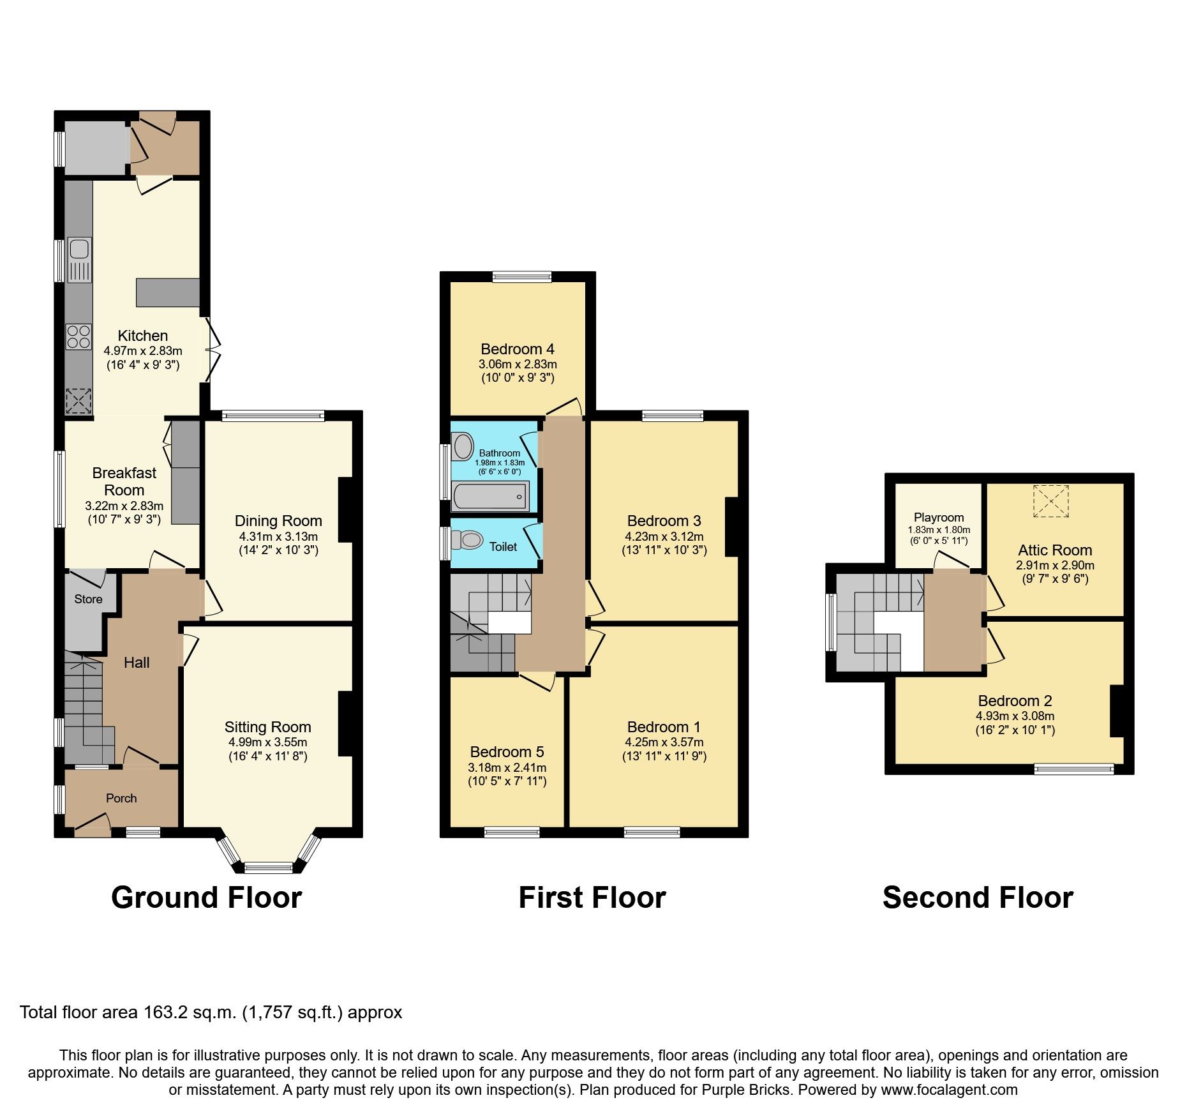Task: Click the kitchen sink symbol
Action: (79, 259)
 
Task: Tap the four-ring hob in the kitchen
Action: (78, 337)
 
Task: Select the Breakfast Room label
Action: (124, 481)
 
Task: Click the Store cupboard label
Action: (88, 599)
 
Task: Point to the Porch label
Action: (121, 798)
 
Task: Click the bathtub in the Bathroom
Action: (490, 496)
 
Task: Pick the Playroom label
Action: (939, 517)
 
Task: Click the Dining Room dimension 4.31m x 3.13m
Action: (278, 536)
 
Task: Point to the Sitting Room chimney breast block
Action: (345, 724)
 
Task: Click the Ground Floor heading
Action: (206, 898)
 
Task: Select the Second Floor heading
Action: (978, 898)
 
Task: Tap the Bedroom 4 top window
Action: (522, 276)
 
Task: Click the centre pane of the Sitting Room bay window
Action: (268, 867)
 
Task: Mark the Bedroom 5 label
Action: (507, 751)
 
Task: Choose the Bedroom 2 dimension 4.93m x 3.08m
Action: (1015, 716)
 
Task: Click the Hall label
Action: (137, 663)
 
